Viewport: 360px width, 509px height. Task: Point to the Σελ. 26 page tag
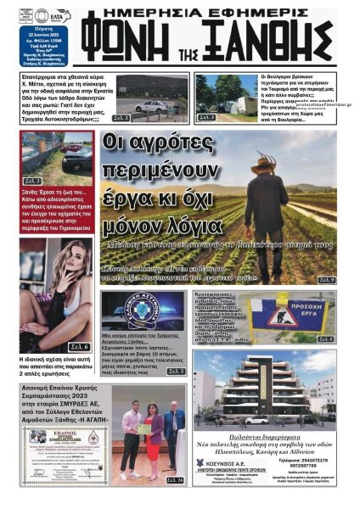[174, 480]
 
